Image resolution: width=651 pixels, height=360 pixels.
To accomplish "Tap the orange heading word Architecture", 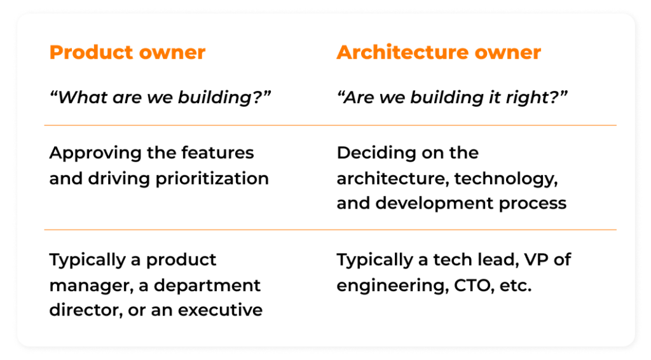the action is (x=402, y=52).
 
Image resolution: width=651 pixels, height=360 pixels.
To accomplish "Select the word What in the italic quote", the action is (x=79, y=97).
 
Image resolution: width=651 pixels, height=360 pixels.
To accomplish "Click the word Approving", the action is (x=95, y=154).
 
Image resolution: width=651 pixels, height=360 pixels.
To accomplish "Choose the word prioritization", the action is (x=212, y=179).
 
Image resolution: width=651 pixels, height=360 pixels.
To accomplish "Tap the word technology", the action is (x=506, y=179).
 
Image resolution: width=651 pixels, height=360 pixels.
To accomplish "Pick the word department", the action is (x=207, y=286).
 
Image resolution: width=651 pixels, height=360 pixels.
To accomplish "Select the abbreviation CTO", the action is (x=474, y=286).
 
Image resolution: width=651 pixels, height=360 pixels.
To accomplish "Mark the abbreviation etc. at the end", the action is (x=516, y=286).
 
